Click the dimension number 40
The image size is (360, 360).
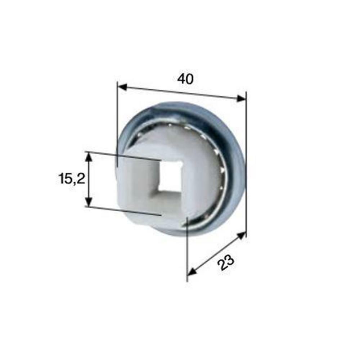[x=185, y=79]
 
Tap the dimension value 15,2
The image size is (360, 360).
[x=72, y=179]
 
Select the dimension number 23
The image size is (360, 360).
[x=226, y=262]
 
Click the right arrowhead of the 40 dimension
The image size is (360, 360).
[x=241, y=98]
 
